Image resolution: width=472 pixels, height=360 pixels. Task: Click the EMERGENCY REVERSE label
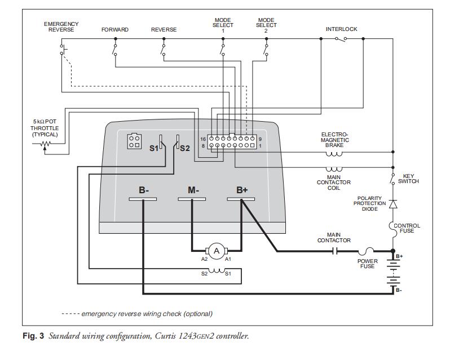pyautogui.click(x=61, y=26)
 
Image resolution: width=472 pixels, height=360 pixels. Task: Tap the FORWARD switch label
pyautogui.click(x=115, y=29)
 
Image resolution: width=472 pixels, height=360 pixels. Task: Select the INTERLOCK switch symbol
pyautogui.click(x=341, y=39)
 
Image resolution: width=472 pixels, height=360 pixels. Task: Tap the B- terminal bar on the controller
pyautogui.click(x=143, y=199)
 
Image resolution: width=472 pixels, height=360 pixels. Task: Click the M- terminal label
pyautogui.click(x=193, y=190)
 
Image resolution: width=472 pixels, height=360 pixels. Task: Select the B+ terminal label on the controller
pyautogui.click(x=242, y=190)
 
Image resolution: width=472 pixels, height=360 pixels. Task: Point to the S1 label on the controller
pyautogui.click(x=153, y=148)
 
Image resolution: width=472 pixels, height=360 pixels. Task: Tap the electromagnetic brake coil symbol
pyautogui.click(x=334, y=152)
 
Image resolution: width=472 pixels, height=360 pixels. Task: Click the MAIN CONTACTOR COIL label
pyautogui.click(x=334, y=183)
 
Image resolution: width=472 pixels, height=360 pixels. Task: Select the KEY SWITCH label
pyautogui.click(x=408, y=179)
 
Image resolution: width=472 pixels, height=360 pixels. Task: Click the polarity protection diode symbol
pyautogui.click(x=393, y=203)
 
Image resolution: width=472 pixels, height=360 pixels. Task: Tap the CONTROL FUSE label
pyautogui.click(x=407, y=228)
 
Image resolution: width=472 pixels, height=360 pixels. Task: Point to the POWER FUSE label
pyautogui.click(x=367, y=264)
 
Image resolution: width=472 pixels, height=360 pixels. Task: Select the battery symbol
pyautogui.click(x=393, y=273)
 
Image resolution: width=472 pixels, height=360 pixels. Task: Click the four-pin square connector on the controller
pyautogui.click(x=134, y=141)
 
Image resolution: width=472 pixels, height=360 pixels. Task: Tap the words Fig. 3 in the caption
pyautogui.click(x=33, y=336)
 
